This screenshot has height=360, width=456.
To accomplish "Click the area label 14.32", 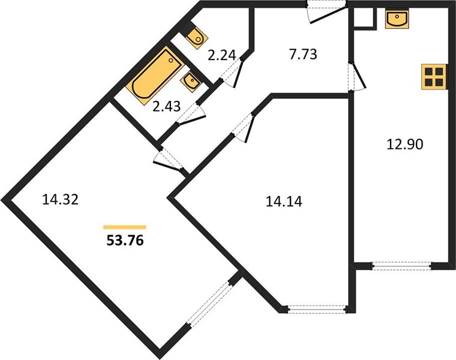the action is (60, 200).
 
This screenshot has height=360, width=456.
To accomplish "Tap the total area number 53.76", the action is (125, 241).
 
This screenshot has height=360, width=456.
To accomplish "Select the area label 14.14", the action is (284, 202).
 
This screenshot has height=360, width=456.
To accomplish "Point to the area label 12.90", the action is (405, 144).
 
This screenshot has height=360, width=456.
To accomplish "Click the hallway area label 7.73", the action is (303, 55).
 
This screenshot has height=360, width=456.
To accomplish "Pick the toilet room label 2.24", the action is (221, 55).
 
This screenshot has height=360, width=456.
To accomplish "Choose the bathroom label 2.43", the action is (167, 106).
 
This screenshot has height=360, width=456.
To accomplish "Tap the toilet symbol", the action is (196, 36).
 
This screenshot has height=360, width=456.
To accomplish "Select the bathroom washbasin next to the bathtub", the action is (190, 82).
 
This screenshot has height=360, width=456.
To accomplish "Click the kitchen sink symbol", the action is (397, 19).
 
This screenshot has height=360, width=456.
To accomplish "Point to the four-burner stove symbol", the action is (433, 77).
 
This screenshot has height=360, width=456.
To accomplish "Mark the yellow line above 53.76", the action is (125, 227).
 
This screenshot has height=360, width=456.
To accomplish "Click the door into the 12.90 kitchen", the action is (356, 76).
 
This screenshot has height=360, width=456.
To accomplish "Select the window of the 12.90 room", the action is (401, 266).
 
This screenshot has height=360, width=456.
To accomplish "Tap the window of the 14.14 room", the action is (317, 309).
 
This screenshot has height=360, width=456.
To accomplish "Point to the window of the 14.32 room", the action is (209, 304).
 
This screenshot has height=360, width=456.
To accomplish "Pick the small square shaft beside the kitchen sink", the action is (363, 17).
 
